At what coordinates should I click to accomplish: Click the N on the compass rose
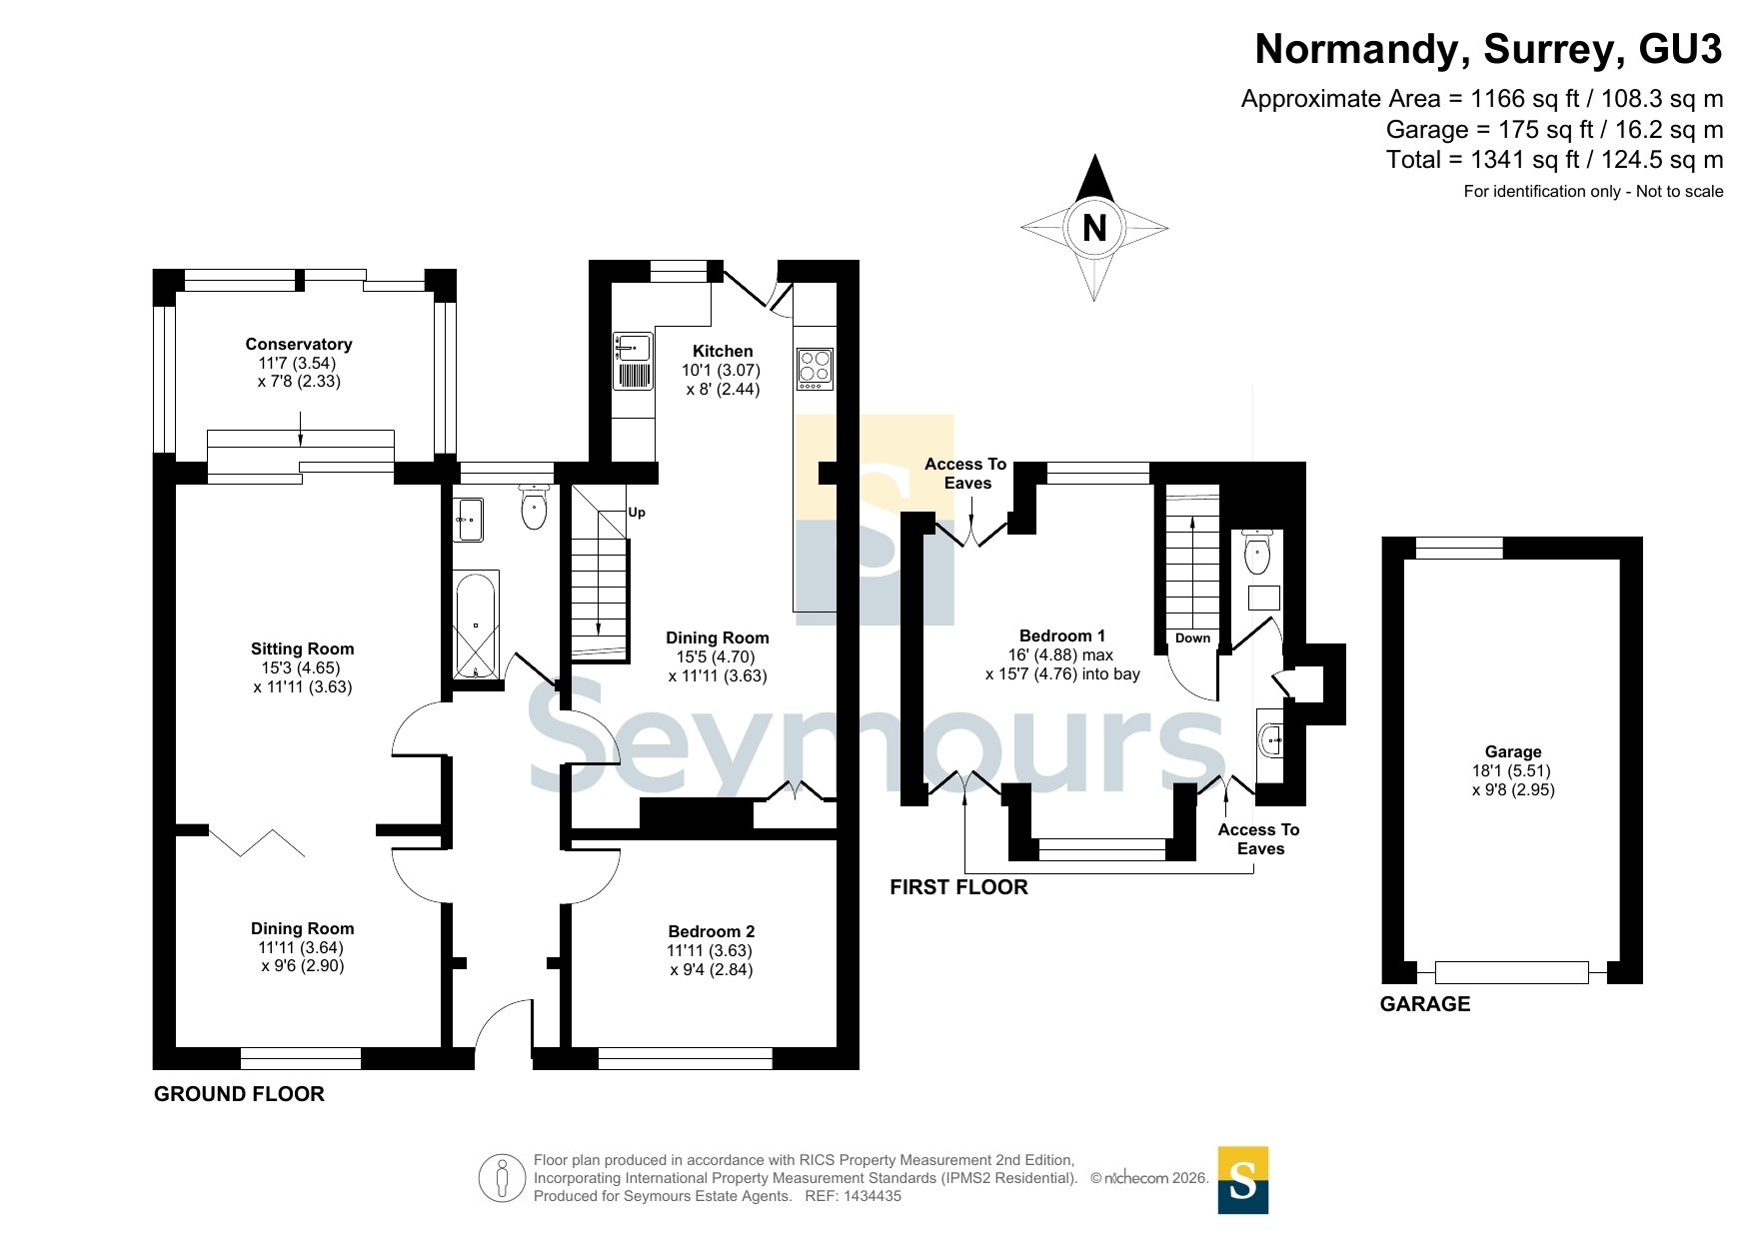[1094, 228]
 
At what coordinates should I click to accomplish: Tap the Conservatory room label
[299, 344]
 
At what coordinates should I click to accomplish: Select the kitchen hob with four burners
[815, 369]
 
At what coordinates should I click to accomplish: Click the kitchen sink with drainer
[633, 361]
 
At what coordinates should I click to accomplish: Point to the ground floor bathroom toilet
[535, 506]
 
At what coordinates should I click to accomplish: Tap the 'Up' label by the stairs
[637, 513]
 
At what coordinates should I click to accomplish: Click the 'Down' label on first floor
[1192, 637]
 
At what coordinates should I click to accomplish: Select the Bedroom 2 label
[712, 931]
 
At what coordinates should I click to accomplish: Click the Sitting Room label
[302, 648]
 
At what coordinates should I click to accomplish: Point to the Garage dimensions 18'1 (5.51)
[1511, 770]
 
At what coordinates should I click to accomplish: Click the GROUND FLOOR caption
[239, 1094]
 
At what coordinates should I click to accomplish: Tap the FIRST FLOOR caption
[958, 887]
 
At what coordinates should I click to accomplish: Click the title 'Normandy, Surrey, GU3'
[1488, 49]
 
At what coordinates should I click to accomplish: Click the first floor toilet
[1256, 552]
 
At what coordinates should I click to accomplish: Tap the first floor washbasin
[1270, 740]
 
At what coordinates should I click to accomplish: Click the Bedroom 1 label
[1062, 635]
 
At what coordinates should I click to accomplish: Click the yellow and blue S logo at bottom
[1243, 1180]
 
